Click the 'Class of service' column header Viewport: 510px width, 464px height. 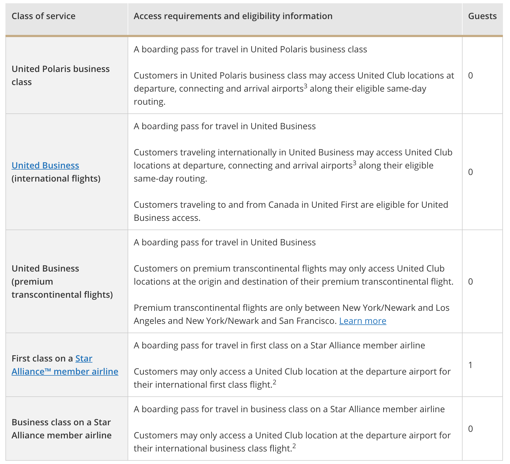[43, 16]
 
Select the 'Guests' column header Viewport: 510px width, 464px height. [482, 16]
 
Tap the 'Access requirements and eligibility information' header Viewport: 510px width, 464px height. [233, 16]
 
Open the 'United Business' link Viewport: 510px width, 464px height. [45, 165]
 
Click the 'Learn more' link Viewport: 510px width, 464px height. [362, 321]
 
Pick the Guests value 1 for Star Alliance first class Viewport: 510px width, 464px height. [470, 365]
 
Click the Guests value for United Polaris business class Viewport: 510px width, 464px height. [470, 76]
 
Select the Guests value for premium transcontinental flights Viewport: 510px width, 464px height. [470, 282]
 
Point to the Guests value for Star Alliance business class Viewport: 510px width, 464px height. [470, 429]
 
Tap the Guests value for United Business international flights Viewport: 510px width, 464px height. [470, 172]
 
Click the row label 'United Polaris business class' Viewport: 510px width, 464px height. [60, 76]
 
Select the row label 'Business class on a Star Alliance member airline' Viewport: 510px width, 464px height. [61, 429]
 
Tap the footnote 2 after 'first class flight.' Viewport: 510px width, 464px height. [274, 382]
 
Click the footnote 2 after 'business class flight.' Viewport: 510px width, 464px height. [294, 446]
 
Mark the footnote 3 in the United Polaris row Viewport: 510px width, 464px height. [305, 86]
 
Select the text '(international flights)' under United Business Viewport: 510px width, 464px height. [56, 179]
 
